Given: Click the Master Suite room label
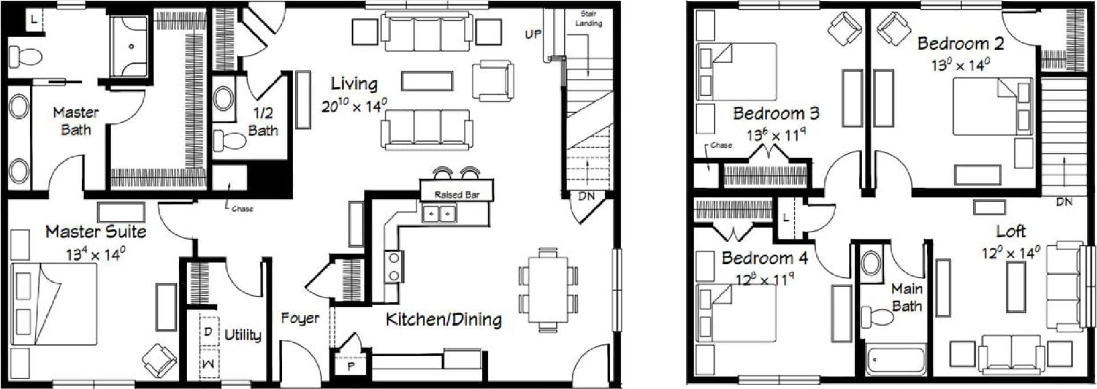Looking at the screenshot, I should tap(96, 231).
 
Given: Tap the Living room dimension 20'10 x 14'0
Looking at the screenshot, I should tap(354, 106).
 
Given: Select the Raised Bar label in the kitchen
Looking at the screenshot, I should tap(456, 195).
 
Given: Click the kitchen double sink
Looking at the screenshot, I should tap(439, 215).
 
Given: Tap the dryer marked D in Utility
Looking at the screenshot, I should tap(208, 332).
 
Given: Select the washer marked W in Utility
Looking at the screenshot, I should tap(208, 363).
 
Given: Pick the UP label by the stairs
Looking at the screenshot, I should tap(533, 34).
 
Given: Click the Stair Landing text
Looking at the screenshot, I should tap(588, 18).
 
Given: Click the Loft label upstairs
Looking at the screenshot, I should tap(1011, 231).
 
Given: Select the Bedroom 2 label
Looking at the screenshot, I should tap(961, 43).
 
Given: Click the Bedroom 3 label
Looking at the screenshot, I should tap(776, 113).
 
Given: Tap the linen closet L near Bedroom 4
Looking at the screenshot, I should tap(786, 218).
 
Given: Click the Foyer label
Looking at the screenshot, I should tap(299, 319).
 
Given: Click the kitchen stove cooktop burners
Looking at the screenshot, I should tap(394, 267).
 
